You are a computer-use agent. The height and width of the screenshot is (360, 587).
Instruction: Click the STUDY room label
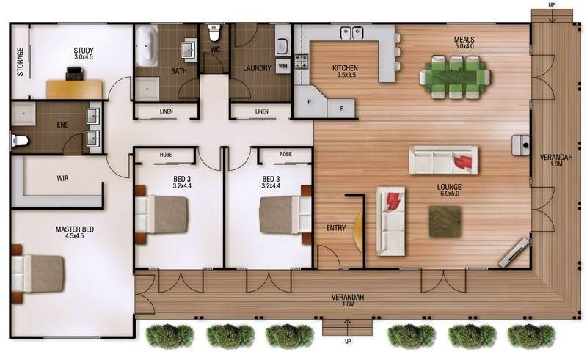(x=84, y=51)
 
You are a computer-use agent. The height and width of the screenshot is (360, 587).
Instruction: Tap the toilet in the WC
(x=214, y=33)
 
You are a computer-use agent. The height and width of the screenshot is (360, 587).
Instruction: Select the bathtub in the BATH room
(x=146, y=46)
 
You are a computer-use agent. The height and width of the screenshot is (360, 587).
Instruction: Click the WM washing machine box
(x=283, y=66)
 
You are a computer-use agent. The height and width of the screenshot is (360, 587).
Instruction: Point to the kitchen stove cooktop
(x=301, y=62)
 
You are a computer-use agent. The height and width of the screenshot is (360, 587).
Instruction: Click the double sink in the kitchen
(x=352, y=32)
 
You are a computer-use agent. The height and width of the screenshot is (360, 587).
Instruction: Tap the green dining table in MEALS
(x=455, y=77)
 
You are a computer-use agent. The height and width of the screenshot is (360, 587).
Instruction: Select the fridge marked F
(x=341, y=109)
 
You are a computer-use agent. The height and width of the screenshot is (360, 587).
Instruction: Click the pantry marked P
(x=309, y=101)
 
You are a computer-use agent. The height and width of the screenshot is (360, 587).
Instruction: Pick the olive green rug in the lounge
(x=445, y=221)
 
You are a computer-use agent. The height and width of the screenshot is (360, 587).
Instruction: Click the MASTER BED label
(x=75, y=229)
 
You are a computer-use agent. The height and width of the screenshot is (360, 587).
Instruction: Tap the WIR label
(x=62, y=178)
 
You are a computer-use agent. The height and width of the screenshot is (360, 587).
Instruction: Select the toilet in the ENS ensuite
(x=19, y=140)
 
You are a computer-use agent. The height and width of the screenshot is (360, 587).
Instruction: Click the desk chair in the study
(x=76, y=73)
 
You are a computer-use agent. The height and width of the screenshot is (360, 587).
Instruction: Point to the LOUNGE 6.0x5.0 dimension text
(x=449, y=194)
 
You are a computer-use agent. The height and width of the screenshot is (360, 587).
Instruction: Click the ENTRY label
(x=336, y=228)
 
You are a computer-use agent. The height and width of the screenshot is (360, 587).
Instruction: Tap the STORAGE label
(x=21, y=62)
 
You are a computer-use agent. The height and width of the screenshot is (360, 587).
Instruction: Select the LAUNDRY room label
(x=257, y=68)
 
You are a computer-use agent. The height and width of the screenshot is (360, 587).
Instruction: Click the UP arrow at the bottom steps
(x=347, y=326)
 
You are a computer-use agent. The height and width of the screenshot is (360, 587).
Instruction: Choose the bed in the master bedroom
(x=37, y=273)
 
